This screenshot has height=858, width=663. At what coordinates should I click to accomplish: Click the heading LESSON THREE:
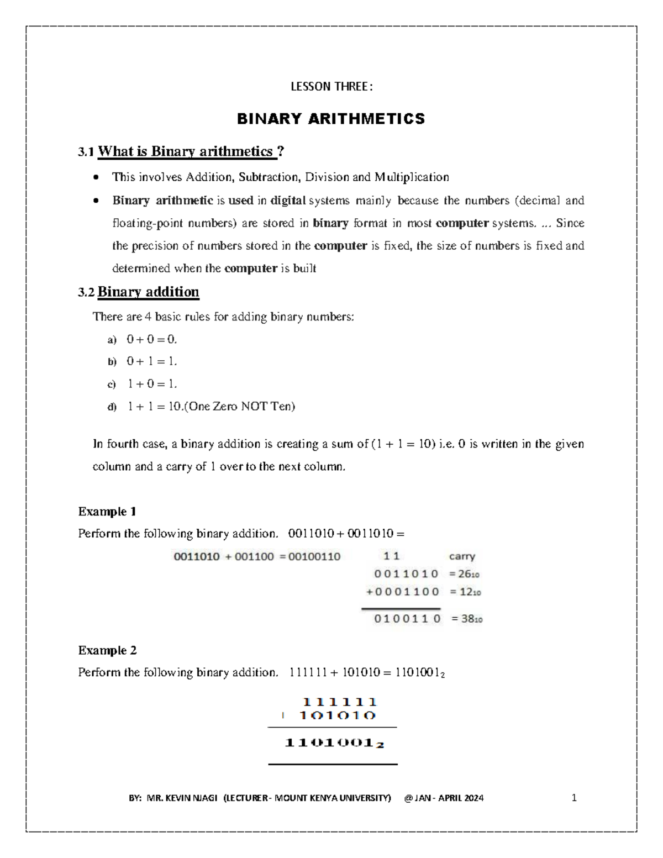point(331,87)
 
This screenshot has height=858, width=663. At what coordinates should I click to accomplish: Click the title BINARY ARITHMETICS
point(331,119)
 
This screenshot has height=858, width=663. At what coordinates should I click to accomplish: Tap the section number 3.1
point(86,152)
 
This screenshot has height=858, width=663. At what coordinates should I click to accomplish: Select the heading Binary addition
point(148,292)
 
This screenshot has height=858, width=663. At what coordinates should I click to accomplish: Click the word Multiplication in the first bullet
point(412,177)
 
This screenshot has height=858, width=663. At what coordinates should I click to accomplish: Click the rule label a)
point(112,340)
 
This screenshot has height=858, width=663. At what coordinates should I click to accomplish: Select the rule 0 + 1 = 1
point(151,361)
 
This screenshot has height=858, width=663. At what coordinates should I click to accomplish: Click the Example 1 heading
point(107,512)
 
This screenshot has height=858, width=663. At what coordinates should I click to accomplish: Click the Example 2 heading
point(107,650)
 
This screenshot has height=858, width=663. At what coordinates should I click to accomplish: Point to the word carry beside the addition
point(462,556)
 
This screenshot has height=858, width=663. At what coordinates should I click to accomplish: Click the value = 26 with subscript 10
point(464,574)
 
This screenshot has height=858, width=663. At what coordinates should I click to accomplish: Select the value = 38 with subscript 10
point(467,619)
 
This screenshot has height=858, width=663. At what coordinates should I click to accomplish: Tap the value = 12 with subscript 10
point(465,592)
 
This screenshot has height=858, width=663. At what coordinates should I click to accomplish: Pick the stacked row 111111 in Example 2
point(339,702)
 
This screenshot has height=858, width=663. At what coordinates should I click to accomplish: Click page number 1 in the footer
point(574,798)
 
